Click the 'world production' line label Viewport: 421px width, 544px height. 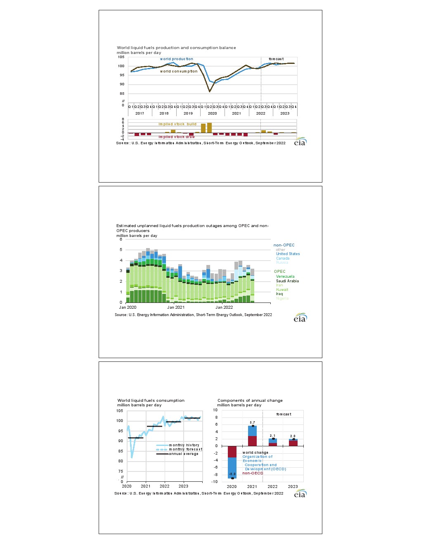coord(176,59)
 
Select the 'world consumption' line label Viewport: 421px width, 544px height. coord(179,71)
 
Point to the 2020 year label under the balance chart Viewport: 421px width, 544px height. coord(212,113)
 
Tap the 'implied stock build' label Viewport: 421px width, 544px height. coord(177,124)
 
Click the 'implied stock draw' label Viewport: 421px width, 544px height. coord(177,137)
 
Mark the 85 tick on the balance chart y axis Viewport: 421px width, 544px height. coord(122,94)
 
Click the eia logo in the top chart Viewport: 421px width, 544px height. coord(300,142)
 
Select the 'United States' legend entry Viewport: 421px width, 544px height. coord(288,254)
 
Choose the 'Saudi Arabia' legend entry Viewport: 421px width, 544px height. coord(287,281)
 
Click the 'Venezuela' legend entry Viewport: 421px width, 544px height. coord(285,277)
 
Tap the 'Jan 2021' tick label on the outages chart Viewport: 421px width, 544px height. coord(175,307)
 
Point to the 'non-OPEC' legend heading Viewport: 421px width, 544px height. coord(284,245)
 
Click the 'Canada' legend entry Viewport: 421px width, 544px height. coord(283,258)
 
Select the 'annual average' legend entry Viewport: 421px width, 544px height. coord(183,454)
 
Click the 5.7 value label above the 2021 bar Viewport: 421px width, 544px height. coord(252,422)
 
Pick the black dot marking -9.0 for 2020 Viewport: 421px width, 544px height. coord(232,478)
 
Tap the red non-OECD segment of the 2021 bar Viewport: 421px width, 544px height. coord(252,441)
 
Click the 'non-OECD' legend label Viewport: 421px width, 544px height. coord(253,473)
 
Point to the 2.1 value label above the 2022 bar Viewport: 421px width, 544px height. coord(272,436)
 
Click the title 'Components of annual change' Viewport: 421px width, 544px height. coord(250,401)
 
